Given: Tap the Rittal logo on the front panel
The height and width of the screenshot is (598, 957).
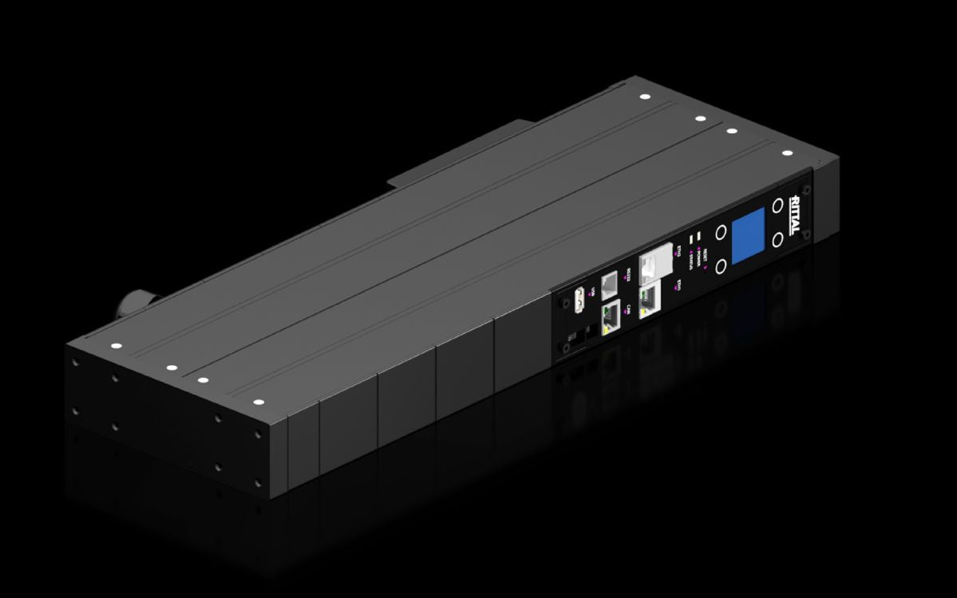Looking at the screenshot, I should (x=795, y=213).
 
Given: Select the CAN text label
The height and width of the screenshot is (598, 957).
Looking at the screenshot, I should (x=628, y=310).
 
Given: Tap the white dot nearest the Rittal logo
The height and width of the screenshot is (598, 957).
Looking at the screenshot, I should (x=786, y=153).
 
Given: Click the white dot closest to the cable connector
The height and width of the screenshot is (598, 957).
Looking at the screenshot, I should (x=114, y=346).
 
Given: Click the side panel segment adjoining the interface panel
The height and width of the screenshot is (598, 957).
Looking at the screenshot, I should (x=520, y=352).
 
